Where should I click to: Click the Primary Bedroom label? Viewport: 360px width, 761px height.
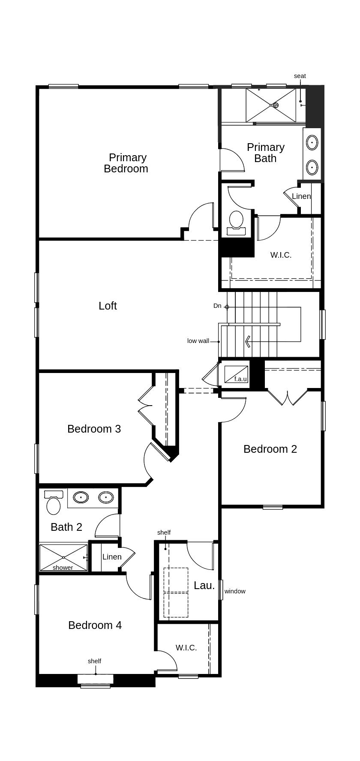click(x=126, y=163)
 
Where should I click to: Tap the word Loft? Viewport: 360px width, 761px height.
click(x=108, y=306)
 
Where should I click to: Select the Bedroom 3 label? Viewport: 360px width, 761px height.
click(x=94, y=429)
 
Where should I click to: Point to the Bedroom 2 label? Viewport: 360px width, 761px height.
click(x=270, y=449)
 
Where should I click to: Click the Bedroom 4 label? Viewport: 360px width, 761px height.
click(x=95, y=625)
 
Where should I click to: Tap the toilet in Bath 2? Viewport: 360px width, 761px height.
click(x=54, y=502)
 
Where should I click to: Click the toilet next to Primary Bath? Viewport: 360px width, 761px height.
click(x=236, y=223)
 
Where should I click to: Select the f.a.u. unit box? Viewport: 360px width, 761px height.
click(x=236, y=375)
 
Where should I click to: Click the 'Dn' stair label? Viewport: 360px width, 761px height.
click(x=217, y=306)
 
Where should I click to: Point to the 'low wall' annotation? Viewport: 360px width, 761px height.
click(x=198, y=341)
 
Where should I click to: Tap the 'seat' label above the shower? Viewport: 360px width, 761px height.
click(x=300, y=76)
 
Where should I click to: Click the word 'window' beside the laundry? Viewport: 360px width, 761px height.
click(x=235, y=591)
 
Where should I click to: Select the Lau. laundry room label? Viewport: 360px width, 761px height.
click(x=204, y=586)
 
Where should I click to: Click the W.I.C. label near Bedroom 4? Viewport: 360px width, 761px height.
click(x=186, y=648)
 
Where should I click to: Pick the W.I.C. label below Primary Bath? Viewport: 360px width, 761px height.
click(x=281, y=255)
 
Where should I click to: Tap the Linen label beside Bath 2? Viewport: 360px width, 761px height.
click(x=112, y=557)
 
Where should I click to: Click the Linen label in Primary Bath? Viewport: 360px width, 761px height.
click(x=301, y=196)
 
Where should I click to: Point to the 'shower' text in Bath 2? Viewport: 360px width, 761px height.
click(x=63, y=568)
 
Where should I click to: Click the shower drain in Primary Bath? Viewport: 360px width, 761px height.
click(x=276, y=105)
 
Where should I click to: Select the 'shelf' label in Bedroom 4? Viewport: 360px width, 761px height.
click(x=94, y=661)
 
